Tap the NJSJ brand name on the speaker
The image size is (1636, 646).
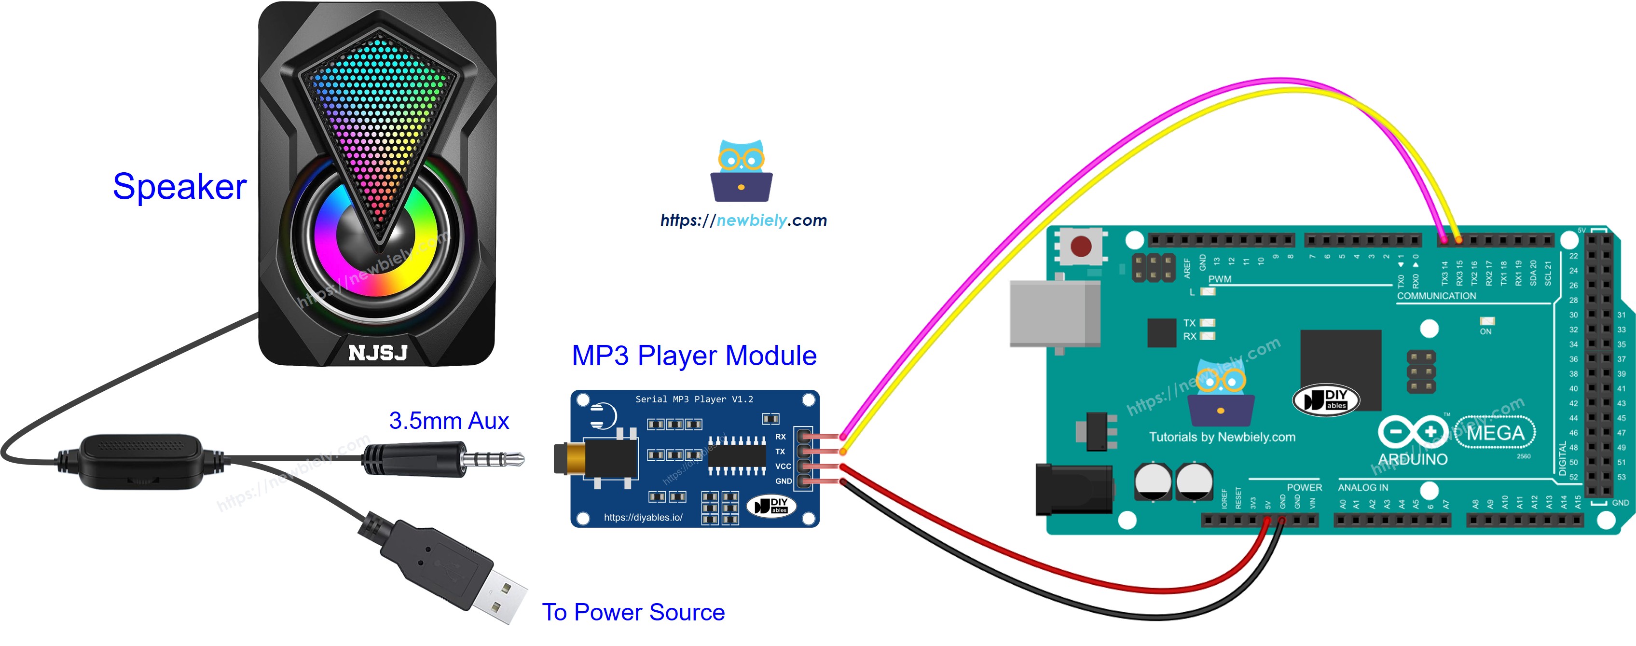coord(377,353)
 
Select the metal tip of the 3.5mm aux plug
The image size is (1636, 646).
coord(502,459)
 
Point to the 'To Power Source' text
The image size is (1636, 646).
coord(632,612)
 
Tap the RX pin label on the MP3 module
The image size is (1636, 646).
coord(781,437)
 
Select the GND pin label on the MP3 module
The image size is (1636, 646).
coord(783,481)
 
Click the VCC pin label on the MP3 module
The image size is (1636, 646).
coord(783,466)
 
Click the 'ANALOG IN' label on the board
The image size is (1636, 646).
coord(1362,487)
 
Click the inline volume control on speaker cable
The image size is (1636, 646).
coord(141,461)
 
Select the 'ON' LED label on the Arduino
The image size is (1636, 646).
coord(1485,331)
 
